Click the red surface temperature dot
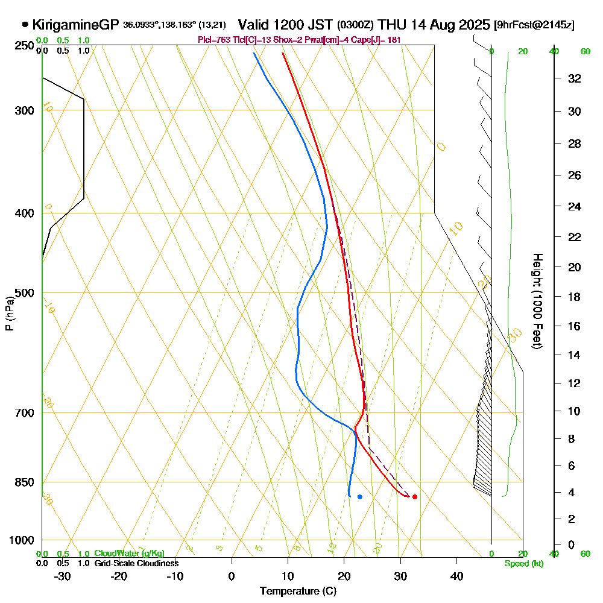[x=414, y=497]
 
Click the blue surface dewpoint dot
[x=360, y=497]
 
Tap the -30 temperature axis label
[x=63, y=576]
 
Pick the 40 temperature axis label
[x=456, y=576]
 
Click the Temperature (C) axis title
[x=298, y=591]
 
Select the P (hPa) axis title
[x=10, y=314]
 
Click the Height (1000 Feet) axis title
[x=536, y=301]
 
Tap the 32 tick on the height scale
[x=574, y=78]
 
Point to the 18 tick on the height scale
[x=574, y=297]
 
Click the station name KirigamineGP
[x=75, y=25]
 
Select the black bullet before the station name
[x=25, y=25]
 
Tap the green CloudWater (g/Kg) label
[x=129, y=554]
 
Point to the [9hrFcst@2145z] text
[x=534, y=25]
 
